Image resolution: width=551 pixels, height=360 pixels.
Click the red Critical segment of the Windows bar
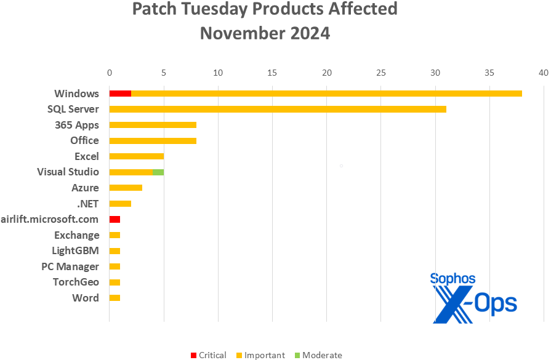(120, 94)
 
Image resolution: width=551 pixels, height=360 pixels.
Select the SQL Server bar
(277, 110)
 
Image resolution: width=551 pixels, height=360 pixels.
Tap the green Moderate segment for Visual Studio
(158, 172)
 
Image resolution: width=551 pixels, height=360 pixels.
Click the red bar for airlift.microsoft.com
(115, 220)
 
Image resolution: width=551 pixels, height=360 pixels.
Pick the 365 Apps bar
(153, 125)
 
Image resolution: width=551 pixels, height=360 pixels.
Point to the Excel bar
(136, 156)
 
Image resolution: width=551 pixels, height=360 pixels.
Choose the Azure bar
(126, 188)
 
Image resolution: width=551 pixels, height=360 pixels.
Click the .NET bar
(120, 204)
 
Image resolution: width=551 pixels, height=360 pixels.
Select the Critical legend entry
(209, 355)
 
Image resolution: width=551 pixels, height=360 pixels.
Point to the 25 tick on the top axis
(381, 73)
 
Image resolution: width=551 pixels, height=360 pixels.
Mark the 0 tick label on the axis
(109, 73)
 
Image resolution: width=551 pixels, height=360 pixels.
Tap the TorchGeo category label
(76, 282)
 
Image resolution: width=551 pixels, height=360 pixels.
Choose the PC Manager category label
(74, 266)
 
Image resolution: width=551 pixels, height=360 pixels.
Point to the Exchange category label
(76, 235)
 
